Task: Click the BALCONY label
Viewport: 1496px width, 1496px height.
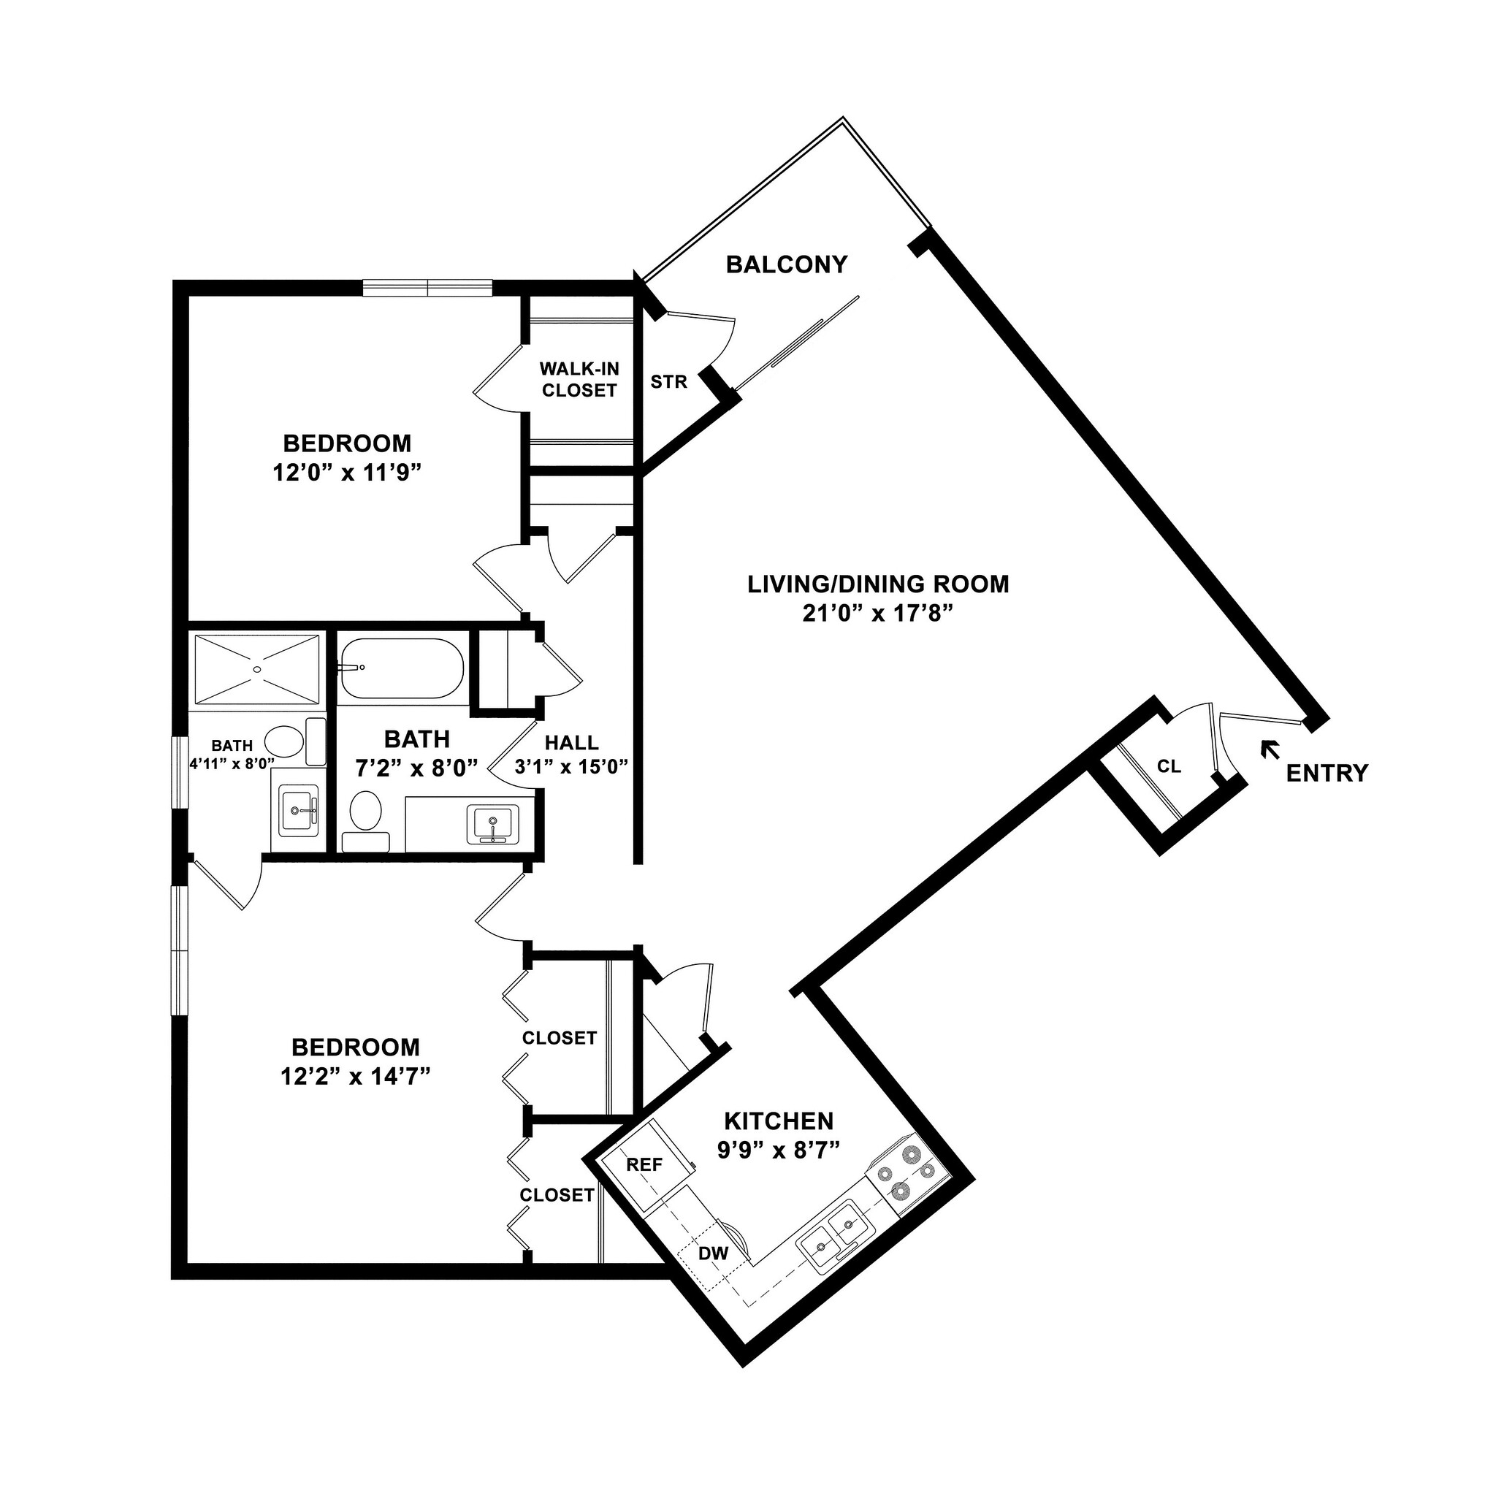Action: [786, 265]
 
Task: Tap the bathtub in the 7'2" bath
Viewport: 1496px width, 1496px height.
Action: [401, 668]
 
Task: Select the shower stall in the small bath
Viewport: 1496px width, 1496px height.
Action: [256, 670]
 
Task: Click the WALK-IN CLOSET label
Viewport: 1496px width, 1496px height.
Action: [579, 379]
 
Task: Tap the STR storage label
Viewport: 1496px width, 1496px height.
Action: [668, 382]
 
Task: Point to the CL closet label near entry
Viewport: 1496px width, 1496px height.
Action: [1169, 766]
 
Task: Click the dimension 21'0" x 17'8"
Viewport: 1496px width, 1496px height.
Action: [877, 614]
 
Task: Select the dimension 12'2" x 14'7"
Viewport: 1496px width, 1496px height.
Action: [356, 1076]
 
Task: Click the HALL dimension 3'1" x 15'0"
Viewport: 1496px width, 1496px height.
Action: [571, 768]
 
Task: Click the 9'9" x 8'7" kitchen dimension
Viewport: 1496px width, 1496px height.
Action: [778, 1150]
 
